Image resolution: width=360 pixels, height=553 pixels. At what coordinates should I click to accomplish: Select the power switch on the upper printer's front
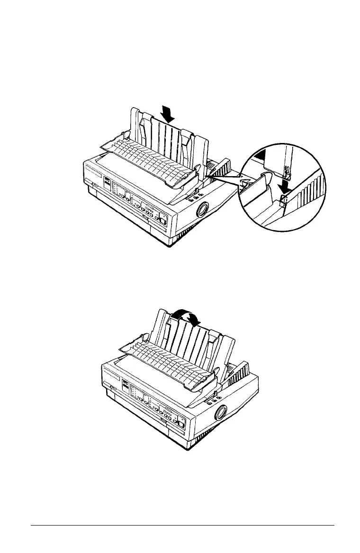[162, 219]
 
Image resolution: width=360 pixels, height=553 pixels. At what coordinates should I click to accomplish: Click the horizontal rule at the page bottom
[182, 525]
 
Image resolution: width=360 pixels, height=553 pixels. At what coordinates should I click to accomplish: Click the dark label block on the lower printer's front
[126, 385]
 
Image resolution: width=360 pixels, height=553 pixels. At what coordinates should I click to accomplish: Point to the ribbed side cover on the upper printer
[220, 168]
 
